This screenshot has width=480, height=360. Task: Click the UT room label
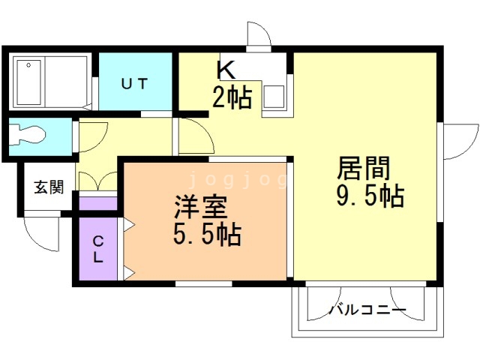(137, 83)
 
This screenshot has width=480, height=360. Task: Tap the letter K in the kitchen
(226, 70)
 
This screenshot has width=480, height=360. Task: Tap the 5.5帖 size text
(206, 235)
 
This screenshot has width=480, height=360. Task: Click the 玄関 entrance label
(48, 187)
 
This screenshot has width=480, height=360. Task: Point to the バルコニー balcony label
(367, 310)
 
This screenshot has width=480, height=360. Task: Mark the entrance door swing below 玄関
(41, 232)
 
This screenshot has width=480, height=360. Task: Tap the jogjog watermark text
(236, 180)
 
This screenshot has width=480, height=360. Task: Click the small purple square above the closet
(97, 202)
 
